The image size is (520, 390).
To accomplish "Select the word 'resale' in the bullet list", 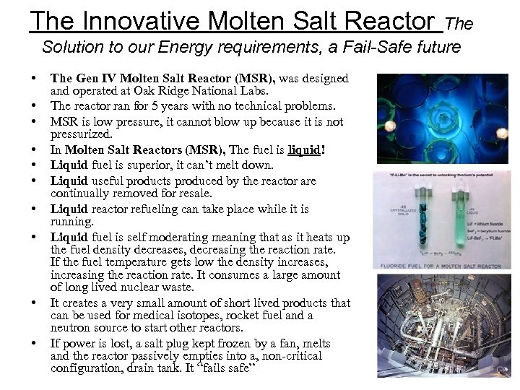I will pos(191,194).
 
